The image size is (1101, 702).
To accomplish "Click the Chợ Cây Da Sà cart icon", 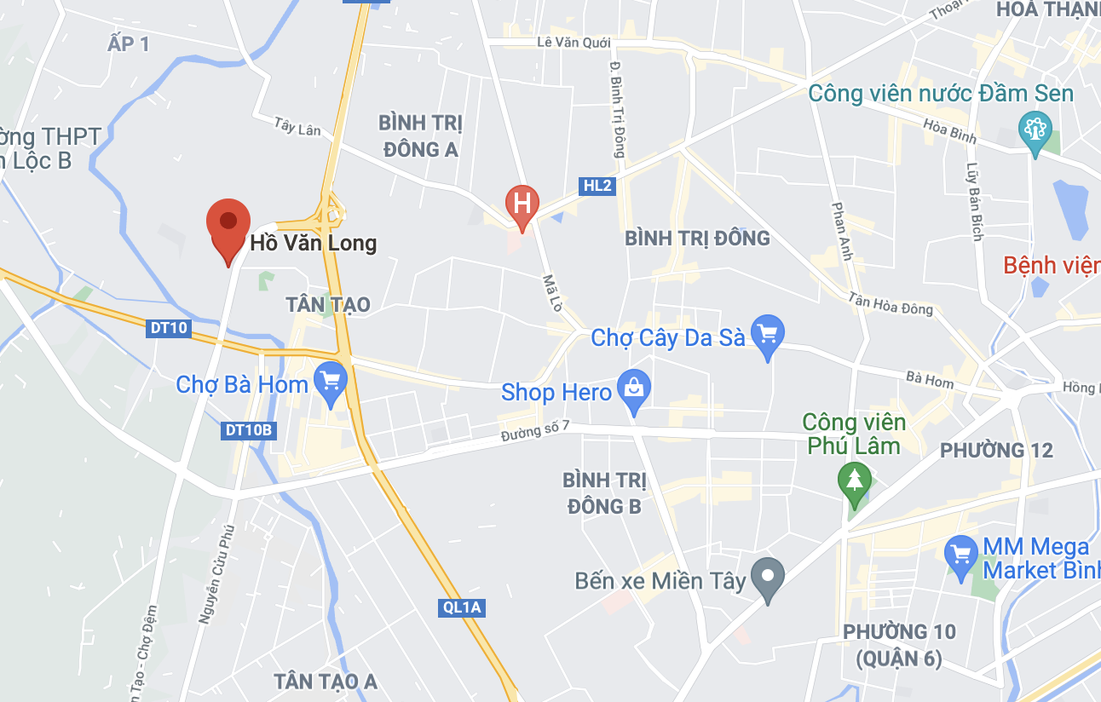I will click(768, 333).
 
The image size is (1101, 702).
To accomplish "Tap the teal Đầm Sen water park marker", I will click(1035, 130).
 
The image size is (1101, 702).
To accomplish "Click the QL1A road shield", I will click(463, 607).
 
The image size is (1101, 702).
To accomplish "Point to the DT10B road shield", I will click(249, 430).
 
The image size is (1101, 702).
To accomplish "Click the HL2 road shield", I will click(597, 185).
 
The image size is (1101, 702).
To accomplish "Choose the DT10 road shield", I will click(167, 328).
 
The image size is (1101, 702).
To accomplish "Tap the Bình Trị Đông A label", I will click(421, 136).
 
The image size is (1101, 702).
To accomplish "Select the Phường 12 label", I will click(996, 451).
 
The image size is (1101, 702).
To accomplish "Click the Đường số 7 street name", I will click(534, 432).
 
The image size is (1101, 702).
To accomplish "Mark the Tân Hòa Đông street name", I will click(891, 303).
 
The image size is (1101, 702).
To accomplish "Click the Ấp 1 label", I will click(129, 43).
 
